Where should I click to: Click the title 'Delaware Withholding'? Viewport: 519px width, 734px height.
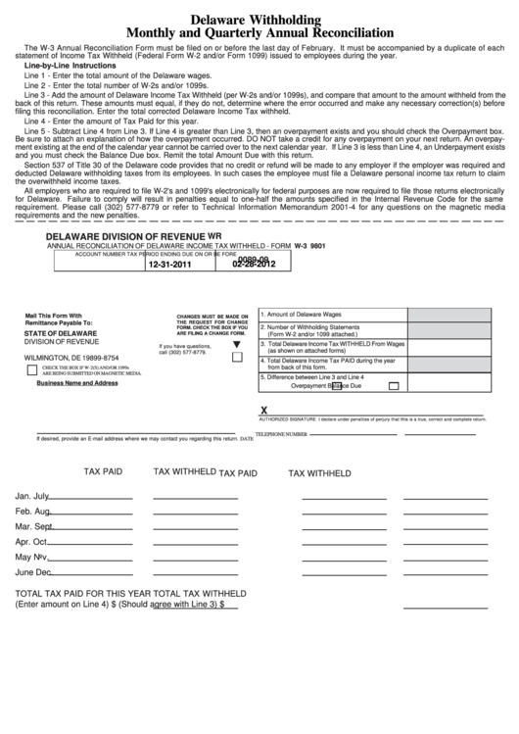tap(259, 19)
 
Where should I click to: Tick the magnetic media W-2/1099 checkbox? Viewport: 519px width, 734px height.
tap(31, 370)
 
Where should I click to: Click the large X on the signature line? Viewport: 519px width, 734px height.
tap(262, 412)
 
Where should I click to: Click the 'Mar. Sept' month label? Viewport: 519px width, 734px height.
tap(33, 526)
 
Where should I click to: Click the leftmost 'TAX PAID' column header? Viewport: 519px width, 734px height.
tap(103, 471)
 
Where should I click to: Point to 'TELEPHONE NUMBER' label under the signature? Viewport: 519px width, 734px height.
tap(283, 433)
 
